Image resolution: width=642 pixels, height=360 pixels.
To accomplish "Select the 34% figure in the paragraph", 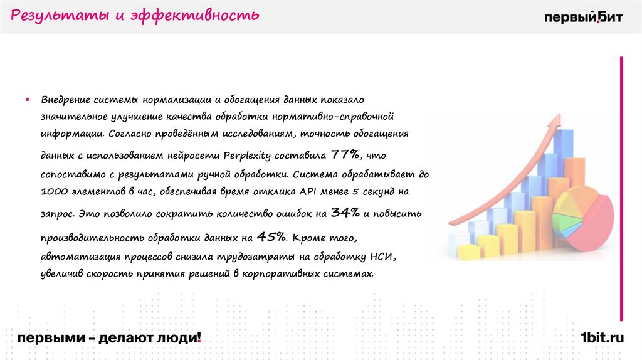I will pyautogui.click(x=345, y=213).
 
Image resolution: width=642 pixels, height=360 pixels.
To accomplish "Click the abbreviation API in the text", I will pyautogui.click(x=309, y=191).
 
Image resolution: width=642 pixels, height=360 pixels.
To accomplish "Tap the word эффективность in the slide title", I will pyautogui.click(x=194, y=15).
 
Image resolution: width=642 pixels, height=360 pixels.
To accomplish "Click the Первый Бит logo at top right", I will pyautogui.click(x=583, y=17).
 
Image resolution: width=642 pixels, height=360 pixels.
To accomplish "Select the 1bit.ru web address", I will pyautogui.click(x=603, y=338).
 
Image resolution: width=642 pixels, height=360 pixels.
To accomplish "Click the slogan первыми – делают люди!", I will pyautogui.click(x=110, y=338).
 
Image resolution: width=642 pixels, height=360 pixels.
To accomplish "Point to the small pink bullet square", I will pyautogui.click(x=28, y=100).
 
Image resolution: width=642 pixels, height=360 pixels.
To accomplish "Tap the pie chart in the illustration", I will pyautogui.click(x=583, y=216).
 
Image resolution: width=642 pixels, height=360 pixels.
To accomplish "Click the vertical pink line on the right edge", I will pyautogui.click(x=621, y=188).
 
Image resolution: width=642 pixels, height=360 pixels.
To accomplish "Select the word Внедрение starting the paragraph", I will pyautogui.click(x=66, y=100).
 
